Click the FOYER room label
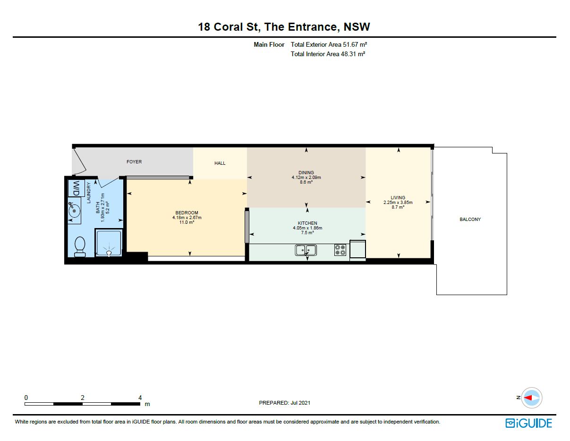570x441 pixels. (x=134, y=162)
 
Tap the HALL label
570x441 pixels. (x=220, y=163)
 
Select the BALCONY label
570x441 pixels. (x=470, y=219)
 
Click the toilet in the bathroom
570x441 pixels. (x=80, y=246)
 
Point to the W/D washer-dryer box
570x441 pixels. (x=77, y=188)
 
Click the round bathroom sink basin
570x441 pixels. (x=75, y=211)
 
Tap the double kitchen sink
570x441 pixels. (x=306, y=250)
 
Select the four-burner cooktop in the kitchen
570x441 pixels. (x=340, y=250)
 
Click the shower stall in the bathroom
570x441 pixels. (x=109, y=243)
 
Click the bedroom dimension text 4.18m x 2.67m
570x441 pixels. (x=187, y=217)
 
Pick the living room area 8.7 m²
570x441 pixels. (x=398, y=207)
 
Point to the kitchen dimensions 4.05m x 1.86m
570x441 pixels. (x=307, y=228)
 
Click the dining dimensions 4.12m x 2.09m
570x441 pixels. (x=306, y=177)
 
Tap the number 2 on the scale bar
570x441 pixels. (x=82, y=398)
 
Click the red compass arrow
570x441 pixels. (x=528, y=398)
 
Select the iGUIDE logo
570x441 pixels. (x=528, y=423)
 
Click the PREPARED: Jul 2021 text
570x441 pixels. (x=285, y=403)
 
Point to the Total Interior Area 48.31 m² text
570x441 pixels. (x=328, y=54)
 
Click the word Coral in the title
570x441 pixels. (x=228, y=27)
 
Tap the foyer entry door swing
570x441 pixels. (x=80, y=161)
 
